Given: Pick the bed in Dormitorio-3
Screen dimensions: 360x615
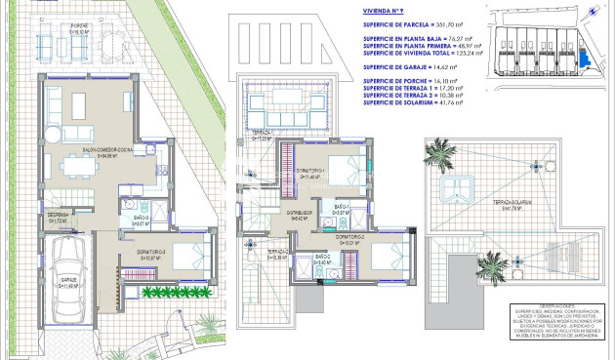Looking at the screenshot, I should point(187,257).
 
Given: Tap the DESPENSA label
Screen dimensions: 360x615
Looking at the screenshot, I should point(57,218).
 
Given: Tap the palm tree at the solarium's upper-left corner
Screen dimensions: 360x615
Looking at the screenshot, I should point(440,154).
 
